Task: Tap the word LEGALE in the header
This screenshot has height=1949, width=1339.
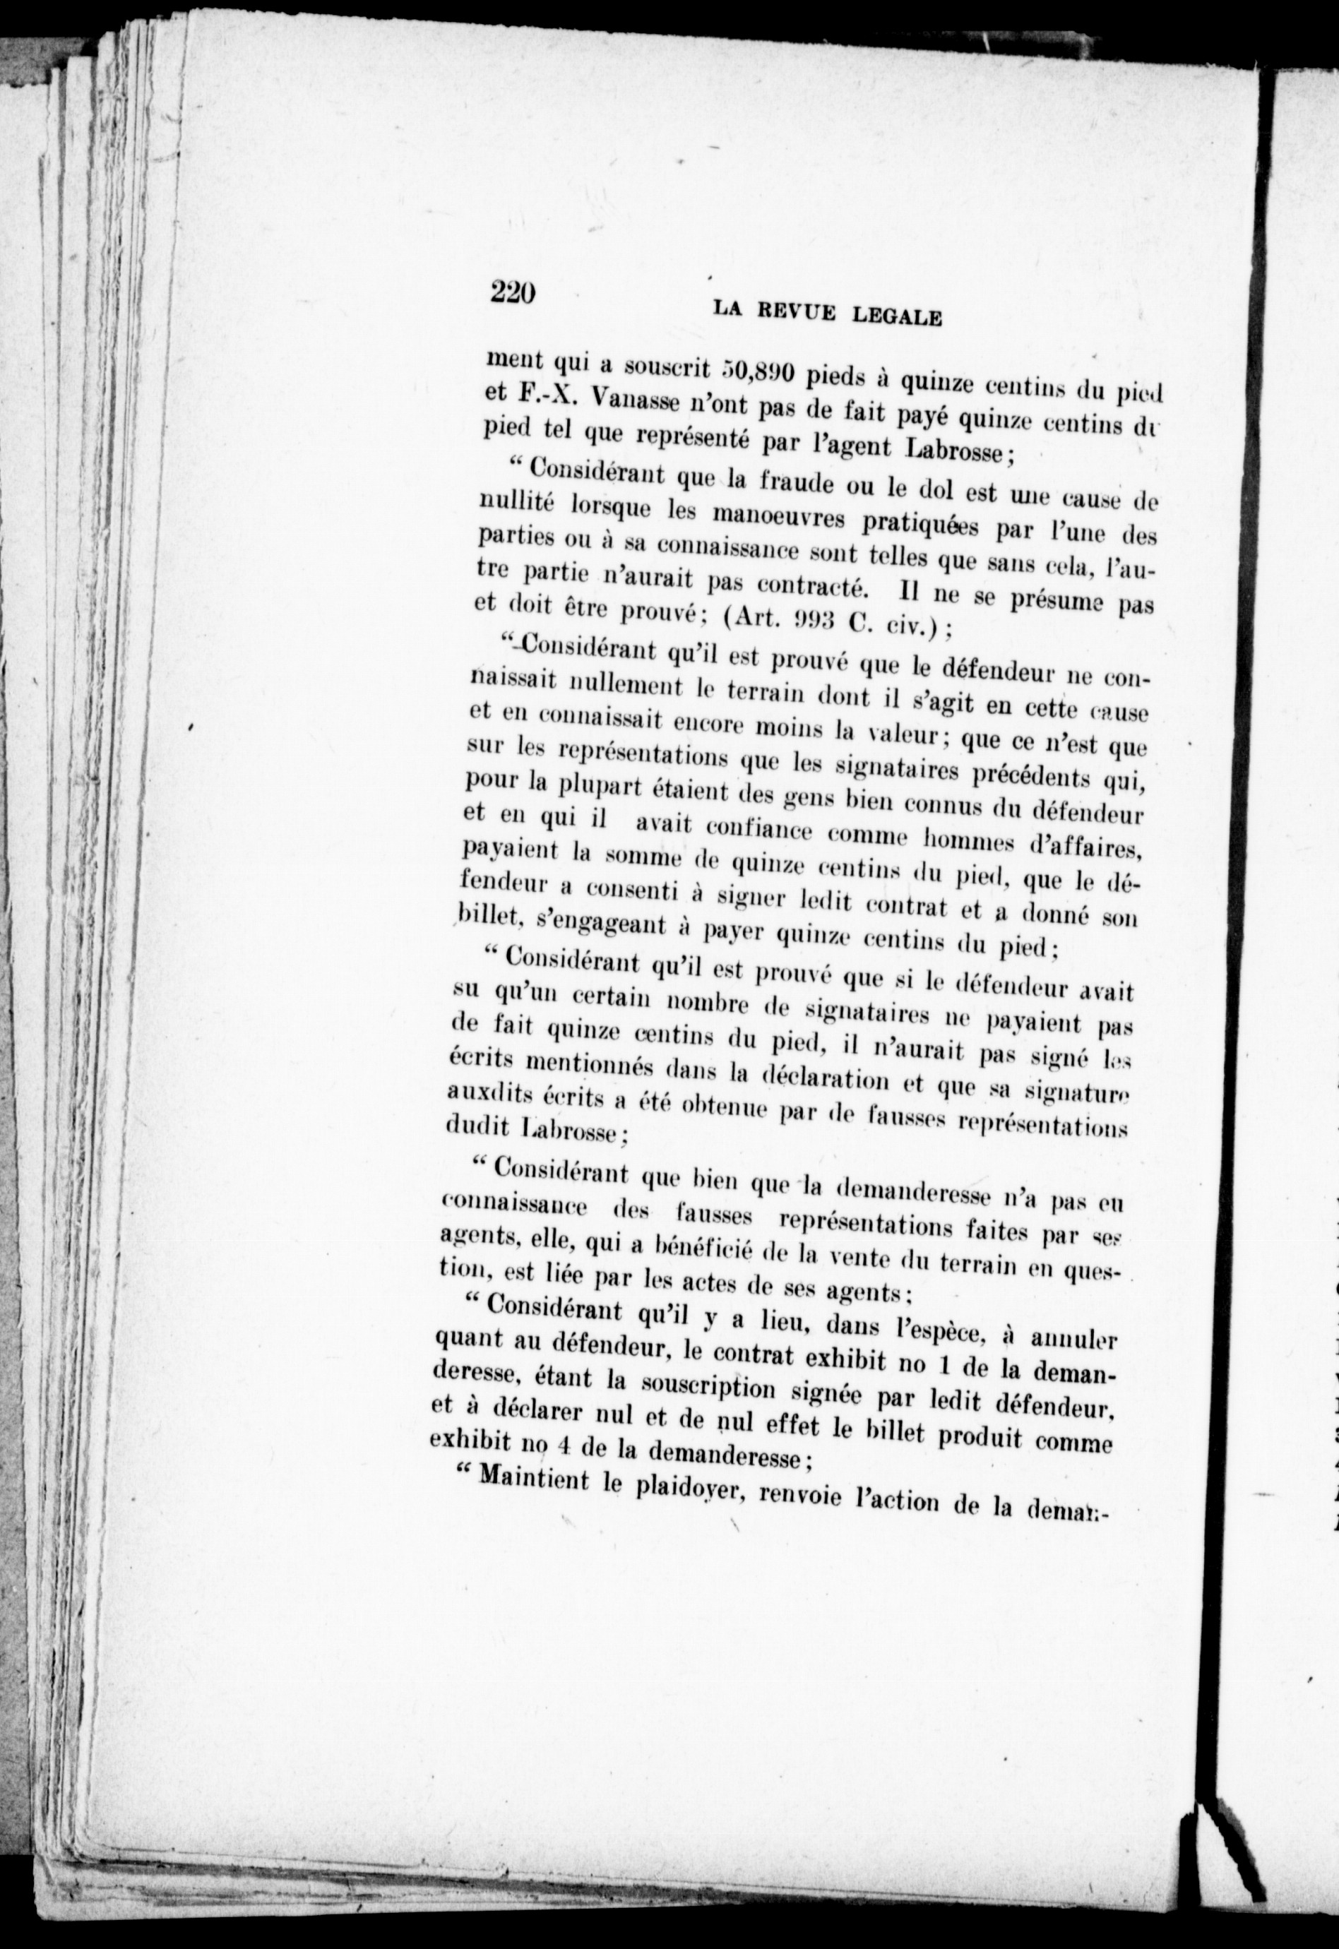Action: tap(898, 317)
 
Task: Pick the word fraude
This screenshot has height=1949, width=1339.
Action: tap(799, 484)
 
